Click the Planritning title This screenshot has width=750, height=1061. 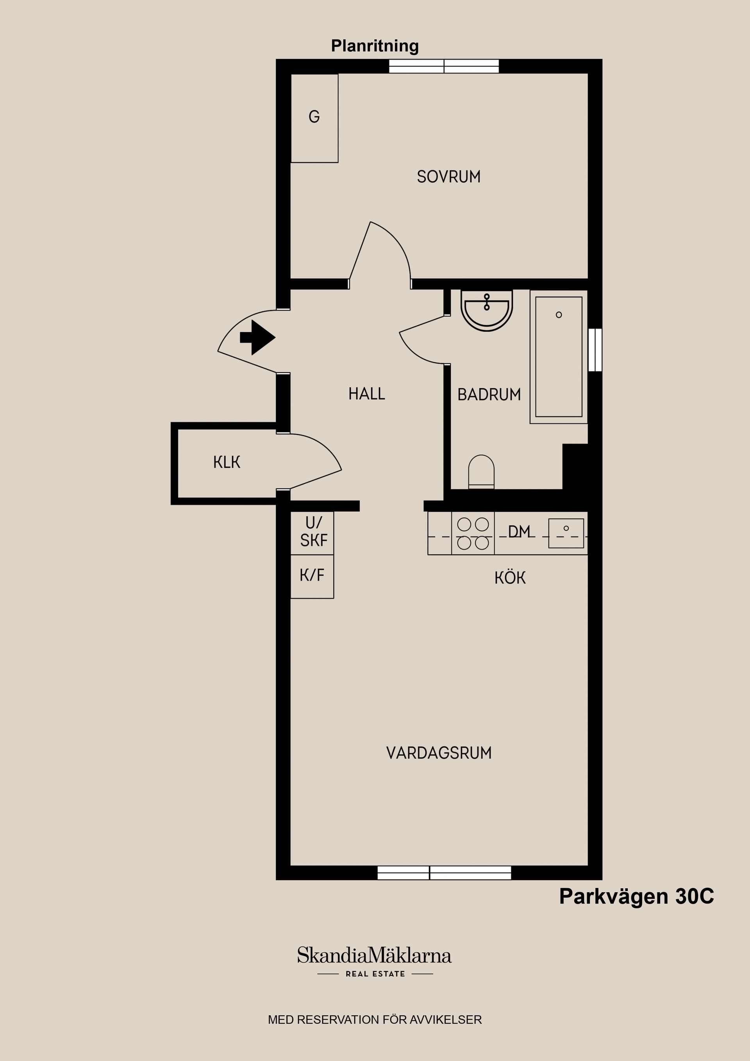(x=375, y=46)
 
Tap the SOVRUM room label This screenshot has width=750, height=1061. (x=449, y=177)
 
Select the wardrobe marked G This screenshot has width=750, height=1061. (x=314, y=118)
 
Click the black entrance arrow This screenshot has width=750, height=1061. (x=257, y=338)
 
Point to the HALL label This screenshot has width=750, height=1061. (x=366, y=394)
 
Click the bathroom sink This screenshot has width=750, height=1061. (x=487, y=311)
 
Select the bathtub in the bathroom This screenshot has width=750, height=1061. (x=559, y=357)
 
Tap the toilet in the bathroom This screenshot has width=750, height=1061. (x=482, y=472)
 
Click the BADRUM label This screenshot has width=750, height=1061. (x=489, y=395)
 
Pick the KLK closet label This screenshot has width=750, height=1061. (x=227, y=462)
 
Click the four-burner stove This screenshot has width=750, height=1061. (x=473, y=533)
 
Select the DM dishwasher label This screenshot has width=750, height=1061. (x=519, y=532)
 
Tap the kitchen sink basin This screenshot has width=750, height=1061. (x=566, y=533)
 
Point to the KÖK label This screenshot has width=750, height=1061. (x=510, y=578)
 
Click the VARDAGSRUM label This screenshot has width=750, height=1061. (x=439, y=753)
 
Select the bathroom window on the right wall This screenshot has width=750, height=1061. (x=595, y=350)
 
